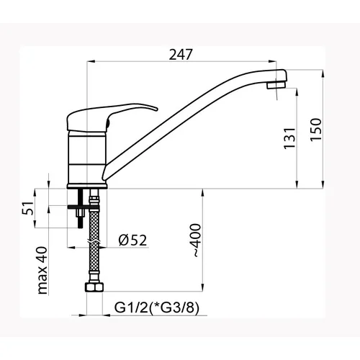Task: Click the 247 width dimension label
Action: (181, 55)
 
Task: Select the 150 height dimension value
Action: (316, 130)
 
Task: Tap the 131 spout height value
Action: (289, 138)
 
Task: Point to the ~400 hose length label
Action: (197, 240)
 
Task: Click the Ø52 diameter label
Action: (132, 240)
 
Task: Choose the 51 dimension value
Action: (28, 208)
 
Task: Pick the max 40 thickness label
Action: (42, 271)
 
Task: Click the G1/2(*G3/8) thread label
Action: (157, 307)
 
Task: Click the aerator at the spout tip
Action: (276, 84)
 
